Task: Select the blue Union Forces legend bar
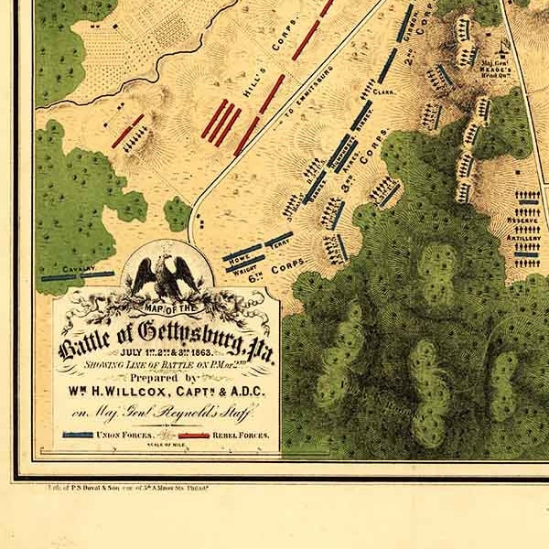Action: (x=78, y=435)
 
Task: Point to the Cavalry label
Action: (x=80, y=269)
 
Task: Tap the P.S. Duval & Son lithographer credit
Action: (x=120, y=489)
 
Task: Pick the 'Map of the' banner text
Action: (x=167, y=305)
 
